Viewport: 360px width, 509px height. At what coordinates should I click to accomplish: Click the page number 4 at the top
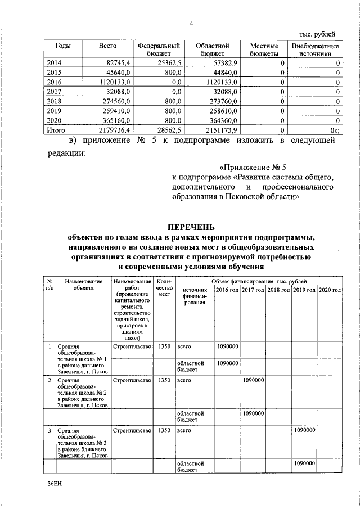191,23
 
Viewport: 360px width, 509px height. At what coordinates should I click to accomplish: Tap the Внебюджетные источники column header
315,49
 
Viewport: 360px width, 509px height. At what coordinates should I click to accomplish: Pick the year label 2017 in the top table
55,91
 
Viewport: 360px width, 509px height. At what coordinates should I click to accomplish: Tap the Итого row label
55,130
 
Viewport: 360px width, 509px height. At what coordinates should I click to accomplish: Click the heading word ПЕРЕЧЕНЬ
191,227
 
